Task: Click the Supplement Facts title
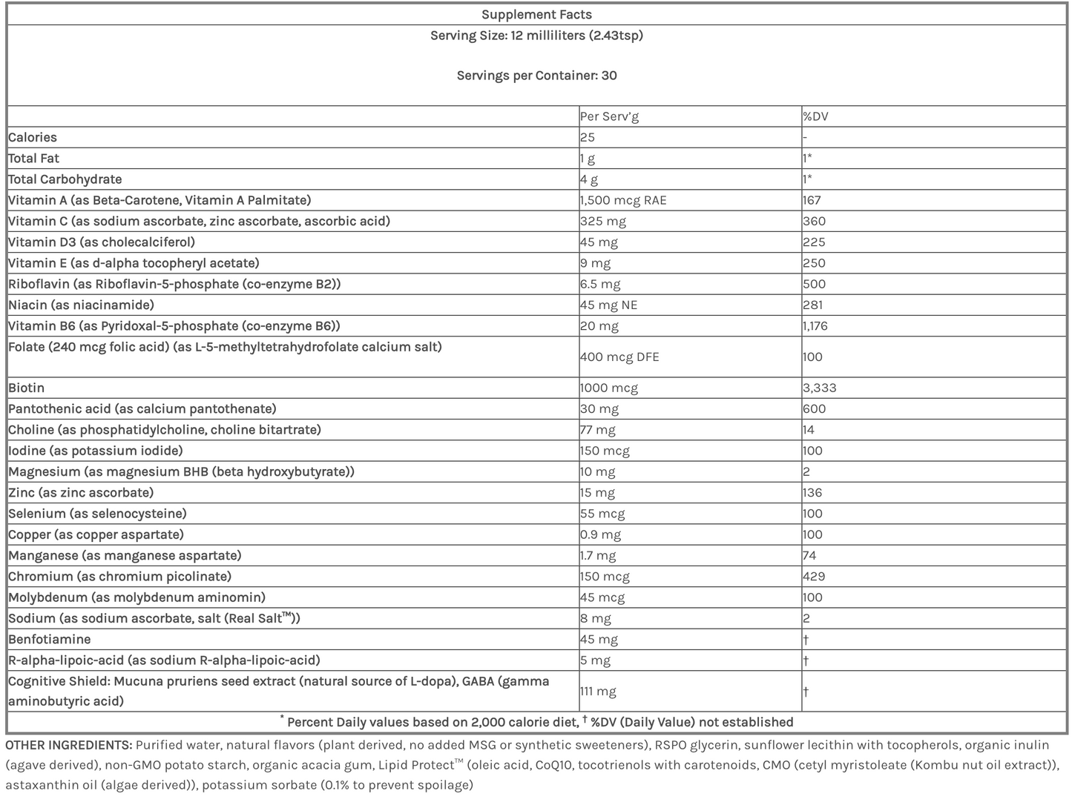(x=536, y=15)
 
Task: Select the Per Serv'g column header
(x=609, y=116)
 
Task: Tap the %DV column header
(x=815, y=116)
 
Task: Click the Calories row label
(x=33, y=137)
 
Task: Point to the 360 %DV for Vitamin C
(x=814, y=221)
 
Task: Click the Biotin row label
(x=27, y=388)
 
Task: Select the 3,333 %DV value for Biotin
(x=820, y=388)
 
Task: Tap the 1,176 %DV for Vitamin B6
(x=815, y=325)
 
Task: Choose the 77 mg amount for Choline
(x=598, y=430)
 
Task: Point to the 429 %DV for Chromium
(x=814, y=576)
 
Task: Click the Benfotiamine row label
(x=50, y=639)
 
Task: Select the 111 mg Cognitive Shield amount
(x=598, y=692)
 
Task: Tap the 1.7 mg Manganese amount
(x=598, y=555)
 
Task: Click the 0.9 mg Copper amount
(x=601, y=534)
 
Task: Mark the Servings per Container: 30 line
(x=536, y=76)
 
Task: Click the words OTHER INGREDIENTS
(x=69, y=745)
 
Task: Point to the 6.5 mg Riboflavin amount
(x=601, y=284)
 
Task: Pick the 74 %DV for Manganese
(x=809, y=555)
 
